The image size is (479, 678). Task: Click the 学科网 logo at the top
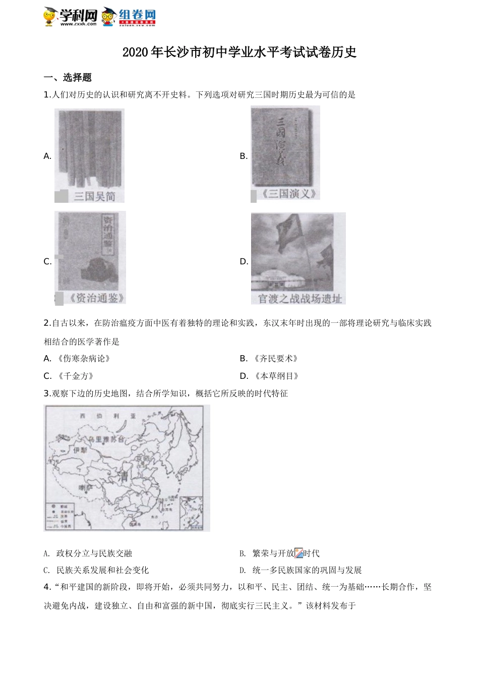pyautogui.click(x=71, y=16)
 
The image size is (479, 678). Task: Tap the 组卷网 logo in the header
pyautogui.click(x=130, y=17)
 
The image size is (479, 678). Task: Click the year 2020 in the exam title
pyautogui.click(x=133, y=52)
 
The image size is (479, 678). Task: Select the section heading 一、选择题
pyautogui.click(x=68, y=78)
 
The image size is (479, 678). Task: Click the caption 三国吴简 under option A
pyautogui.click(x=94, y=196)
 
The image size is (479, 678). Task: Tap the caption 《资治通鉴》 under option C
pyautogui.click(x=96, y=298)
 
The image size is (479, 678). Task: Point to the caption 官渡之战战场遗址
pyautogui.click(x=300, y=299)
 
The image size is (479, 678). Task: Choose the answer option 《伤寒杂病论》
pyautogui.click(x=83, y=359)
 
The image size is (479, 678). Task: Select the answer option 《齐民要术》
pyautogui.click(x=276, y=359)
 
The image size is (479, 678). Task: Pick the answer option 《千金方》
pyautogui.click(x=75, y=376)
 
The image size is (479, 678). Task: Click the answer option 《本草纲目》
pyautogui.click(x=276, y=376)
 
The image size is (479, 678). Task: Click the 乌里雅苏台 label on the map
pyautogui.click(x=106, y=439)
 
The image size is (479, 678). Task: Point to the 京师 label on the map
pyautogui.click(x=143, y=458)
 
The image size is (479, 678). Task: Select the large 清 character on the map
pyautogui.click(x=123, y=475)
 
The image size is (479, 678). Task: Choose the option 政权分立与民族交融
pyautogui.click(x=94, y=553)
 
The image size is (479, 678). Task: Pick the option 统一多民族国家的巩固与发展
pyautogui.click(x=307, y=570)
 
